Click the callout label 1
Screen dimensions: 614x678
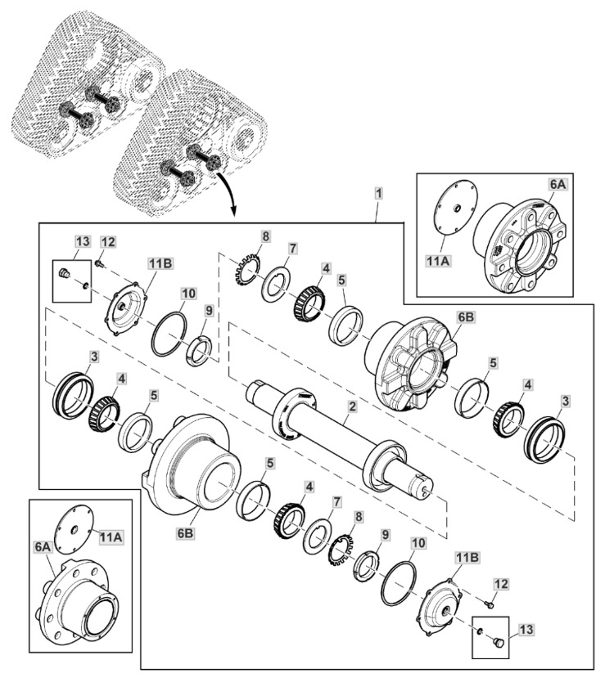tap(378, 193)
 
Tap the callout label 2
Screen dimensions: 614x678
tap(352, 406)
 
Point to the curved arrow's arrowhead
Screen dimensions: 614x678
tap(233, 210)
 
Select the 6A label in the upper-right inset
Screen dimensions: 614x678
tap(558, 185)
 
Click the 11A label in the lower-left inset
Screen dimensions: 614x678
tap(111, 537)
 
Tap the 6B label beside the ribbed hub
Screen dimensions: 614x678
tap(466, 317)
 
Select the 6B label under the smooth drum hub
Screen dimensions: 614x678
tap(185, 533)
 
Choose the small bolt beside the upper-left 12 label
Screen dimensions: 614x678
tap(100, 263)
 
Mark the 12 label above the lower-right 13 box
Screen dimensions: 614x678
tap(501, 584)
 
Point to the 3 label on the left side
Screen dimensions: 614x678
tap(94, 357)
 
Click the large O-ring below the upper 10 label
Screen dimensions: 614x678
tap(169, 334)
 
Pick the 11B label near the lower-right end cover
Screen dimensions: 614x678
tap(467, 559)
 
